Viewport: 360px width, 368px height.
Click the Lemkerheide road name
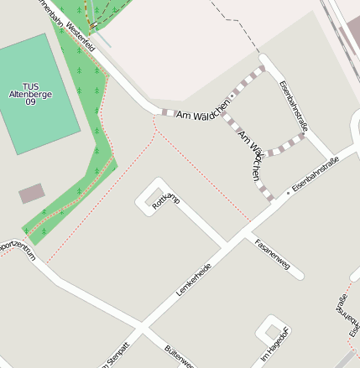[x=194, y=280]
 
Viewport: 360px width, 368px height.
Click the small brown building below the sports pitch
[x=32, y=194]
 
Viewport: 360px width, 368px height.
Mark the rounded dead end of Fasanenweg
[x=299, y=275]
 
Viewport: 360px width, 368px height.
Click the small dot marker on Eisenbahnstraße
[x=289, y=193]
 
